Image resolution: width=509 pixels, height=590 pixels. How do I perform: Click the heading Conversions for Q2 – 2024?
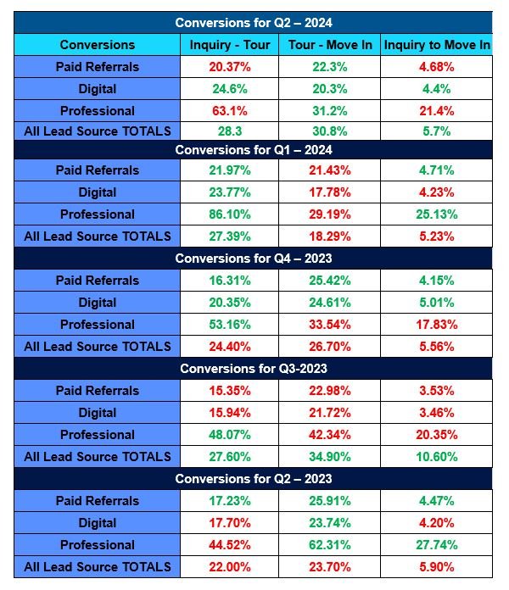point(252,23)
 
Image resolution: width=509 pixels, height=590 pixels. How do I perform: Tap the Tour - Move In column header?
point(330,45)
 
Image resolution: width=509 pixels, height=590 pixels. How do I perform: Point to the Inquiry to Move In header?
point(437,45)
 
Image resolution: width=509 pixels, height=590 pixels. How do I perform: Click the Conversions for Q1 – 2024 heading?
point(252,150)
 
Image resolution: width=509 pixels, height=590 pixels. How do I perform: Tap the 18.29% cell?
point(330,237)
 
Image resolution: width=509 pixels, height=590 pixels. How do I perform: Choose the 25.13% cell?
point(437,214)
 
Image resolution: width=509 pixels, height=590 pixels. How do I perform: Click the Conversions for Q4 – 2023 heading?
point(252,259)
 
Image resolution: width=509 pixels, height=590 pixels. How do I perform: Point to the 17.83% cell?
point(437,325)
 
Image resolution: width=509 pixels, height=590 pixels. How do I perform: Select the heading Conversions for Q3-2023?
point(252,369)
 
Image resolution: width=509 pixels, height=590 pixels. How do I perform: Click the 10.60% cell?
point(437,457)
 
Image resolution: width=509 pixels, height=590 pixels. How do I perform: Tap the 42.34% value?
point(330,435)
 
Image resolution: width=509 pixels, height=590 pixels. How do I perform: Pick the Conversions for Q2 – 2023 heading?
point(252,479)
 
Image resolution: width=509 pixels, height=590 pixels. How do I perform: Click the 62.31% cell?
point(330,545)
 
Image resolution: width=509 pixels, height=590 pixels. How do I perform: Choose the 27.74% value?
point(437,545)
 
